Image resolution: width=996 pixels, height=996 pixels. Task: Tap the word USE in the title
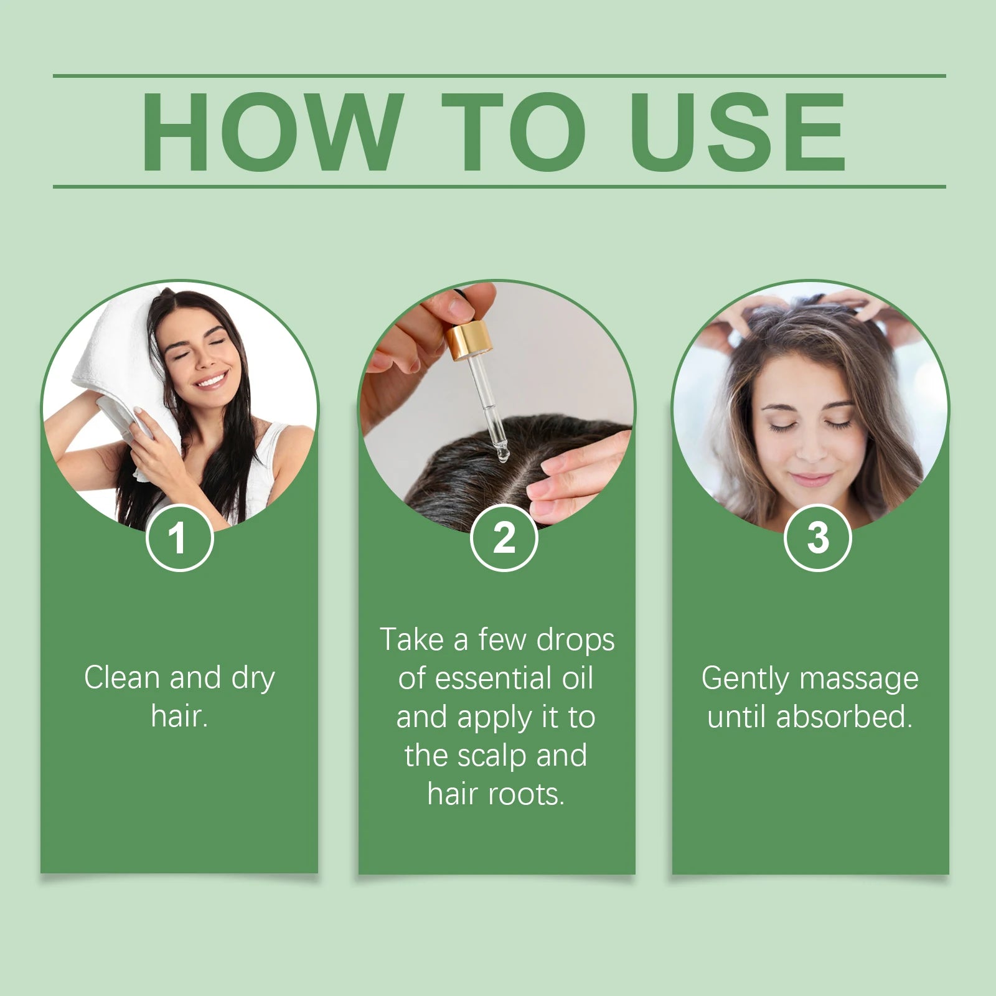[738, 131]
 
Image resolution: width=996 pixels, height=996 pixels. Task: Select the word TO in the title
[514, 131]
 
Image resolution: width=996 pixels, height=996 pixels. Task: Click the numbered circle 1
[179, 538]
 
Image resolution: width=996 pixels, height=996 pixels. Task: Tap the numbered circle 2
[504, 538]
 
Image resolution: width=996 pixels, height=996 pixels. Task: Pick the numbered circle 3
[817, 538]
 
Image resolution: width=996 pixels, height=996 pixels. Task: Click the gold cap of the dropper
[468, 342]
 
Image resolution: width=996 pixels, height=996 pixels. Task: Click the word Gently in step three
[745, 679]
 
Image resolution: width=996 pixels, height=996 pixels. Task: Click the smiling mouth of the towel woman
[212, 379]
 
